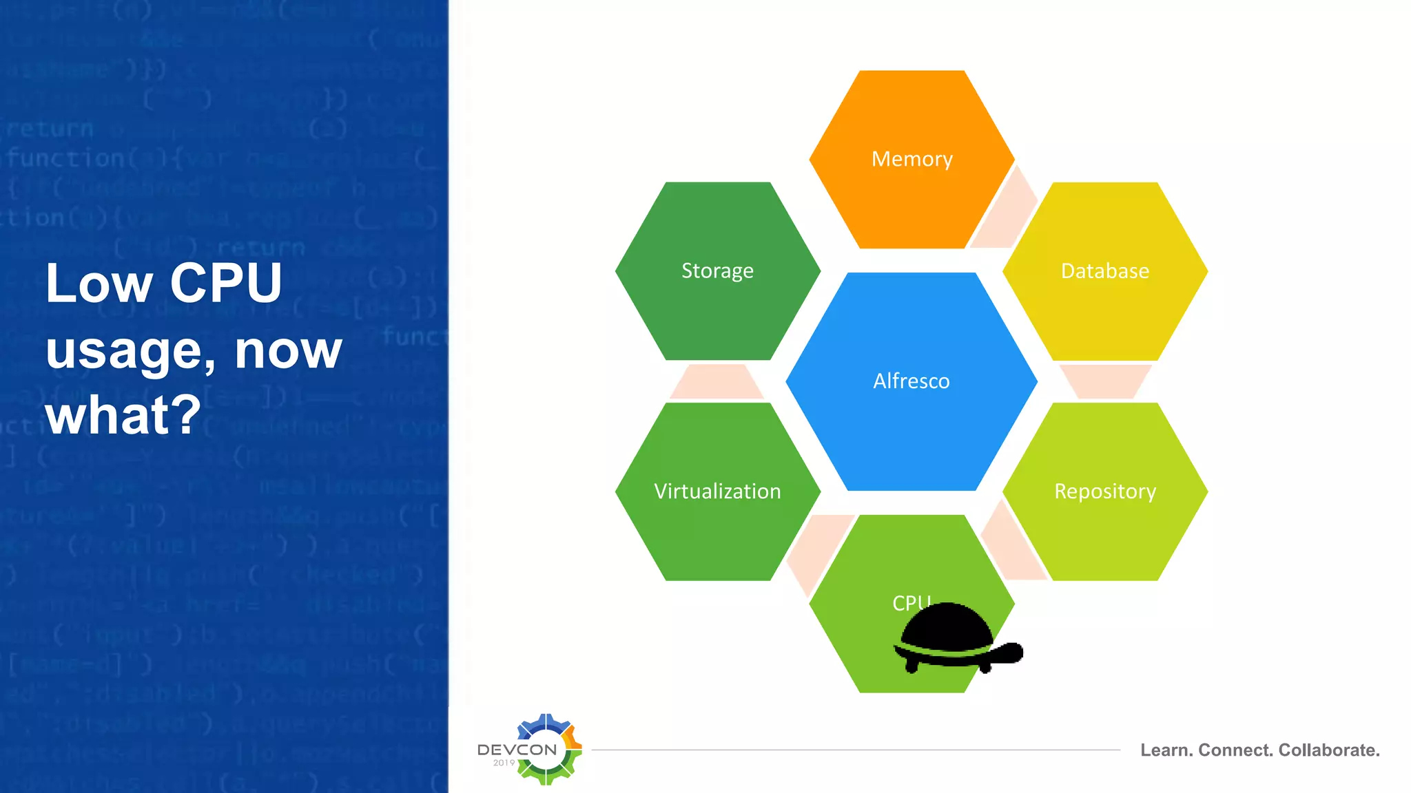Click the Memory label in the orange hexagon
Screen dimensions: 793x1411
pos(912,159)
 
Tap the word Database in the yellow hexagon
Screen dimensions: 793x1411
pos(1104,271)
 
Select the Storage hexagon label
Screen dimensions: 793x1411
pos(717,271)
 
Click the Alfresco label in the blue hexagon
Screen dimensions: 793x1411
pos(911,381)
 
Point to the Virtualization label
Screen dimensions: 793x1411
pos(717,491)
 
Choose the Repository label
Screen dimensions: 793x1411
pos(1104,491)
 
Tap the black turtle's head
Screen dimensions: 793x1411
pos(1008,652)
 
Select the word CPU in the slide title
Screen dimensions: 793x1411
pos(226,283)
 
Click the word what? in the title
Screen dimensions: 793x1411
pos(123,415)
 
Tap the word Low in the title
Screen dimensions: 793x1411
pos(99,283)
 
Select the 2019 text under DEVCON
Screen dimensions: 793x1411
pos(504,763)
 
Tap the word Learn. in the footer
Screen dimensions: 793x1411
pos(1166,750)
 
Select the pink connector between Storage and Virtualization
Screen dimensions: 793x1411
pos(717,381)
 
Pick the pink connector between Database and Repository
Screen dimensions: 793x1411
pos(1104,381)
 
